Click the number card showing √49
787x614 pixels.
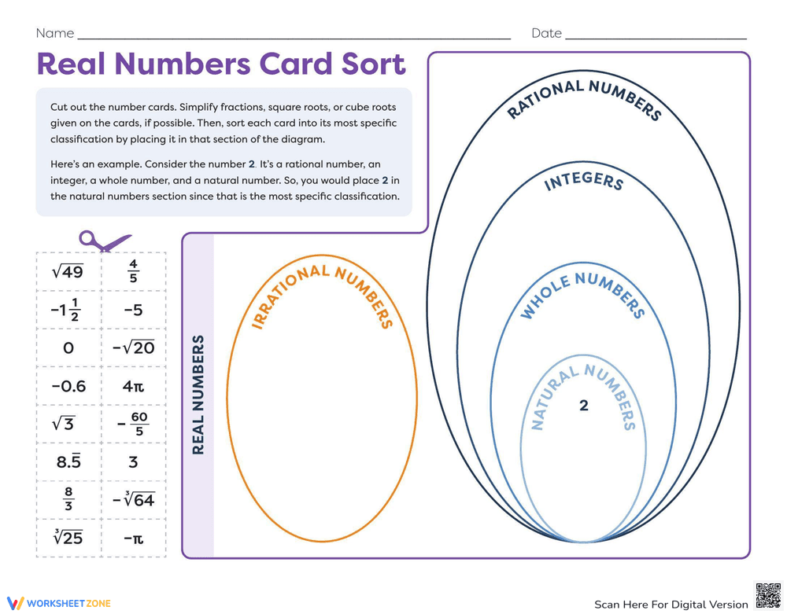tap(68, 271)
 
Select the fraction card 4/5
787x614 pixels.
tap(133, 271)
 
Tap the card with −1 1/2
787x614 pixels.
tap(68, 310)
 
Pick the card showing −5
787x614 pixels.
tap(133, 310)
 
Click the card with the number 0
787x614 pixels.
tap(68, 347)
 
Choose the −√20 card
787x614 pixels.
tap(133, 347)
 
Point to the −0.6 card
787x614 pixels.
tap(68, 386)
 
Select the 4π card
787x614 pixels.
tap(133, 386)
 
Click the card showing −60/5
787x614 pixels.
tap(133, 424)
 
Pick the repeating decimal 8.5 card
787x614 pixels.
tap(68, 462)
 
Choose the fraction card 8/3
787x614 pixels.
tap(68, 500)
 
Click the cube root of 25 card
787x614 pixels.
tap(68, 539)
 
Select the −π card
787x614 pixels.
tap(133, 539)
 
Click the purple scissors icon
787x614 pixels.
tap(103, 241)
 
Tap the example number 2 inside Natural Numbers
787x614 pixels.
tap(583, 406)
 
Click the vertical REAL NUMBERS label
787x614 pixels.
tap(198, 395)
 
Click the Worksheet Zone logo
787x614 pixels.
tap(59, 603)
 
